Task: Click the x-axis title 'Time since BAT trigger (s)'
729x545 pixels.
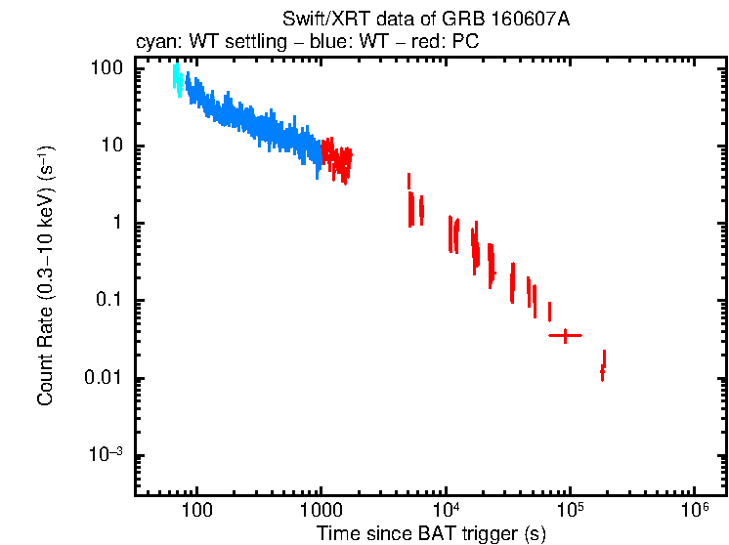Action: [x=431, y=533]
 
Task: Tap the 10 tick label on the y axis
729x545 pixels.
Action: [x=111, y=147]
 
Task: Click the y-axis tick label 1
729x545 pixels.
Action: [x=116, y=224]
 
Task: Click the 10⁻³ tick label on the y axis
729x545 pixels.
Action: [x=106, y=455]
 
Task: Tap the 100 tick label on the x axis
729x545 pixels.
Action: [x=197, y=510]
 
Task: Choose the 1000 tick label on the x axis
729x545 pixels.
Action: [x=322, y=510]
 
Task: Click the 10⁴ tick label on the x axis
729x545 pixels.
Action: [x=446, y=509]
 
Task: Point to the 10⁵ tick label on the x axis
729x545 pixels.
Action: [x=570, y=509]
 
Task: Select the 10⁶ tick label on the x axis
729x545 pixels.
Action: [x=694, y=509]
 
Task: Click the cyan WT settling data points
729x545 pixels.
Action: [x=177, y=78]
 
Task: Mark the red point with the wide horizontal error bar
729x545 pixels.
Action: [x=565, y=335]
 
